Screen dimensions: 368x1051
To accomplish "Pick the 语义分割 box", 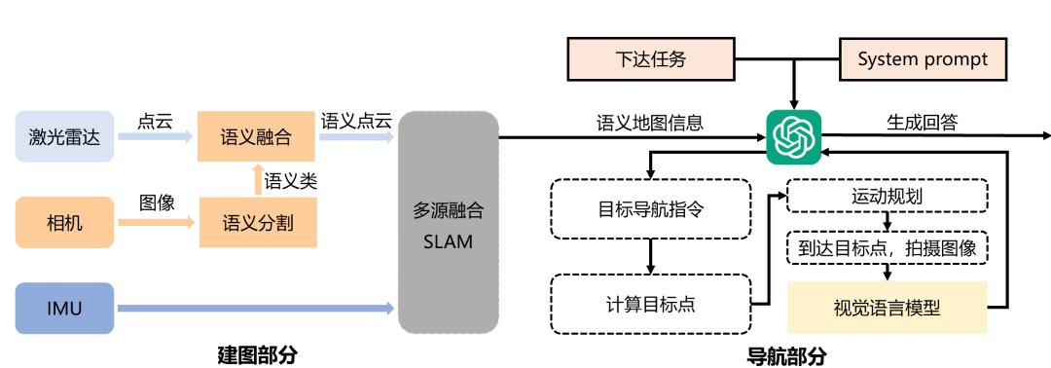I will point(257,224).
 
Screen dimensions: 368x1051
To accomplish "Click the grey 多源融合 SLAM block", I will point(448,225).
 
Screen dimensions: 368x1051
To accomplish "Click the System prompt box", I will point(923,59).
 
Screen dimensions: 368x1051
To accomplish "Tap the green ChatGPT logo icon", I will point(793,137).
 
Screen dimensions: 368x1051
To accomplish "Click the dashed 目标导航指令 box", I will point(651,208).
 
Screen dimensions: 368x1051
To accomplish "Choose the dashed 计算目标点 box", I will point(651,303).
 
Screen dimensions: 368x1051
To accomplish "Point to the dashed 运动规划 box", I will point(887,196).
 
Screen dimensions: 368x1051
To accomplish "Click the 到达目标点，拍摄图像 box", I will point(887,248).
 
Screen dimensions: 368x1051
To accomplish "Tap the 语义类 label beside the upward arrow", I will point(291,180).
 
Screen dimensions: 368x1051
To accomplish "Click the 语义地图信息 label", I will point(650,123).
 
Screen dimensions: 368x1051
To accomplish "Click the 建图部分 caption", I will point(256,354).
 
